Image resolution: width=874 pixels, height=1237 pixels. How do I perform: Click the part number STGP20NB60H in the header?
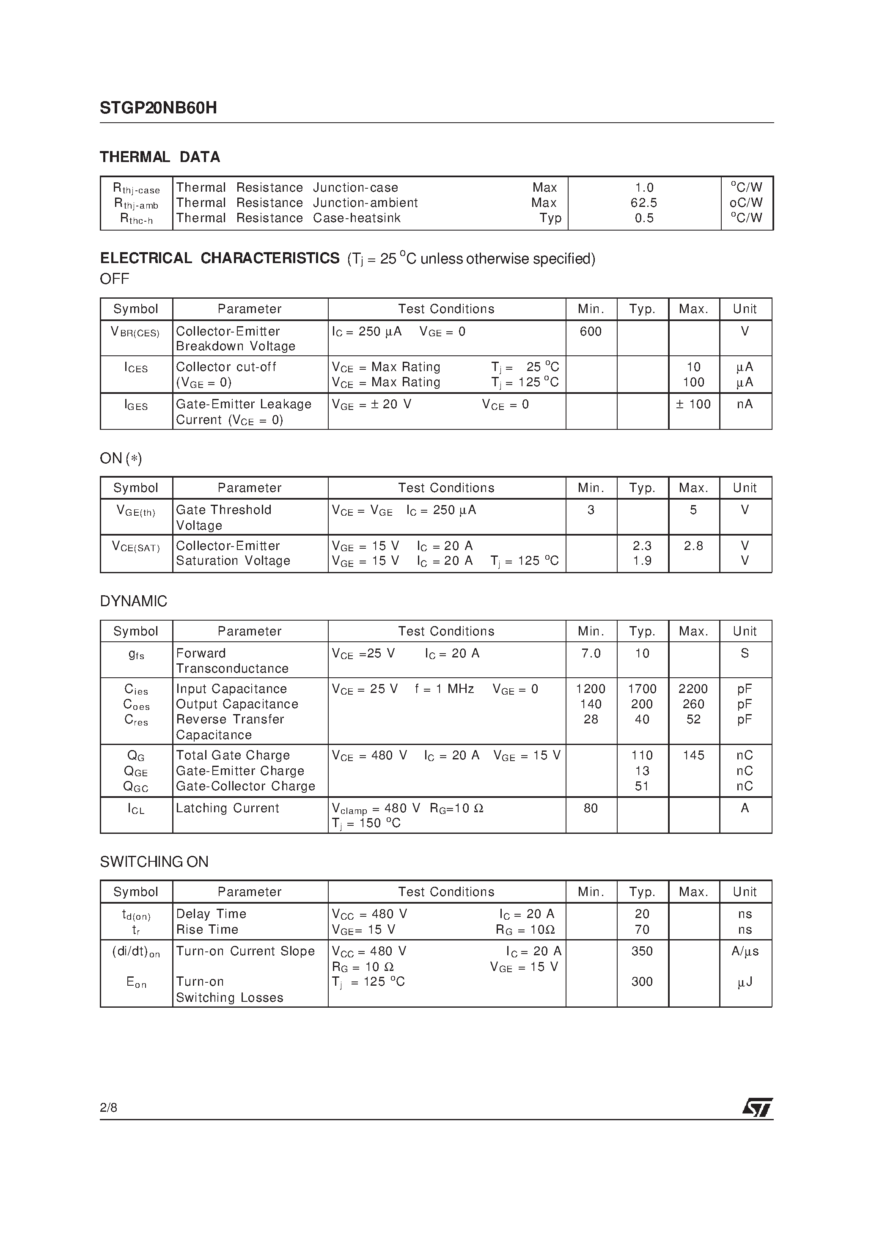[158, 108]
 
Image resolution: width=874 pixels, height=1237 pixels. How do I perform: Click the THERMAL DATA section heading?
[159, 157]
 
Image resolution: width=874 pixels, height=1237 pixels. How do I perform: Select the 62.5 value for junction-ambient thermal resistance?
[644, 203]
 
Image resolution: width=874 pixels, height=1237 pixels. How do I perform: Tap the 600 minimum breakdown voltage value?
[591, 331]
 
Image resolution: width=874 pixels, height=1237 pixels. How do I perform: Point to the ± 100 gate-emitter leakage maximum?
[693, 404]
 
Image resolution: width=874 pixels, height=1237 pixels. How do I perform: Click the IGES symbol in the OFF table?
[136, 405]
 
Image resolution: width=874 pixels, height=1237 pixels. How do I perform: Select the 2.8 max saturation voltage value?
[693, 546]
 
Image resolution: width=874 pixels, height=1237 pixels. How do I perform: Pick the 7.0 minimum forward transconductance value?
[591, 653]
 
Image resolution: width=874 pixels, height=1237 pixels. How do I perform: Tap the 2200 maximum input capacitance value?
[693, 689]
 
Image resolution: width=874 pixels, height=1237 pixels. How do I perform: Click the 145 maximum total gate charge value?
[693, 755]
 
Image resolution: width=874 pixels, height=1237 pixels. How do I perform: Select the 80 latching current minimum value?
[591, 808]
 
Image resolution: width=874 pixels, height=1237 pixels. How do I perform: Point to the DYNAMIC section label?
[134, 601]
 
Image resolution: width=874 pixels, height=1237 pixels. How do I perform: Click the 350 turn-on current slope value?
[642, 951]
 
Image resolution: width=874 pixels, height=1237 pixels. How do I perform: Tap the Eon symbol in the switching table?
[136, 983]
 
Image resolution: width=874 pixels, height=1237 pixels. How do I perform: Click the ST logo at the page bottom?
[757, 1108]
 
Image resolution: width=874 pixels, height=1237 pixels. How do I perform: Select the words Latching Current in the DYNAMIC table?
[228, 808]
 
